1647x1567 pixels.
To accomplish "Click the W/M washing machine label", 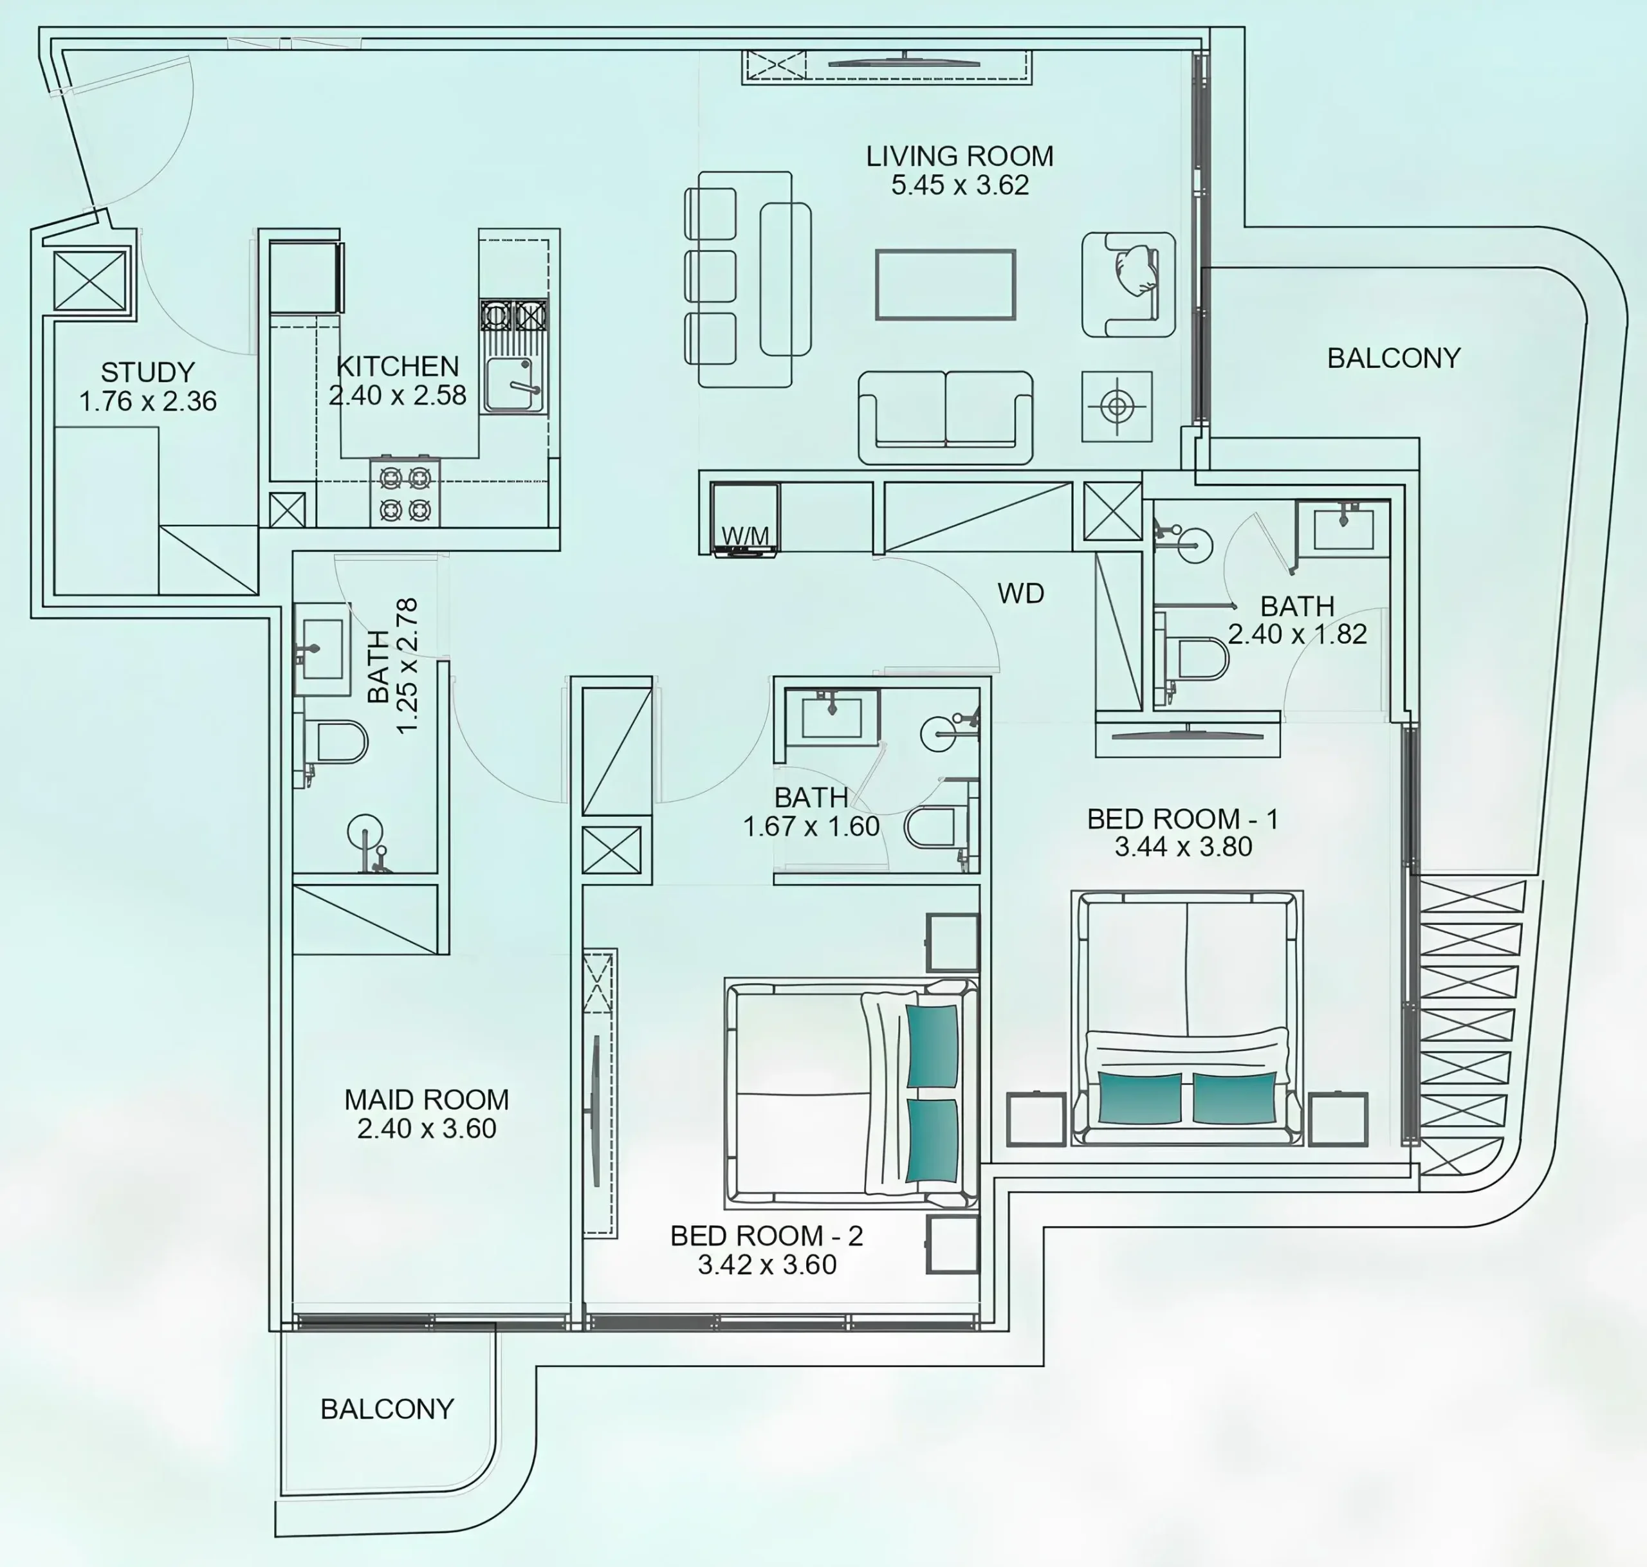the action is pyautogui.click(x=745, y=535).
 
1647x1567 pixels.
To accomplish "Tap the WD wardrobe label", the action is pyautogui.click(x=1020, y=593).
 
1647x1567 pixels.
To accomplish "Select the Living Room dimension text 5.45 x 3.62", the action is pyautogui.click(x=960, y=185).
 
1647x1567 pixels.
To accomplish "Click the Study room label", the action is pyautogui.click(x=148, y=372).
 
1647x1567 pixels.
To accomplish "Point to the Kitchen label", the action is pyautogui.click(x=398, y=366).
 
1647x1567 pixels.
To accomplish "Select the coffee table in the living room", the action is pyautogui.click(x=946, y=285).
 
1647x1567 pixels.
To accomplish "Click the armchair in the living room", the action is pyautogui.click(x=1128, y=285).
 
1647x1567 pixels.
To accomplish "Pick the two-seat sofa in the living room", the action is pyautogui.click(x=946, y=417).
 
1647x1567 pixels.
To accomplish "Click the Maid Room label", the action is pyautogui.click(x=427, y=1099).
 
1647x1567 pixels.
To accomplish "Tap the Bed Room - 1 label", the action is pyautogui.click(x=1182, y=819).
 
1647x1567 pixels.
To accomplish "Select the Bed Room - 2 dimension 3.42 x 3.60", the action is pyautogui.click(x=767, y=1265).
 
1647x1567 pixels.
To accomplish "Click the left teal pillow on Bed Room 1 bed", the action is pyautogui.click(x=1140, y=1097).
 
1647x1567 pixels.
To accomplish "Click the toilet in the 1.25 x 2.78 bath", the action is pyautogui.click(x=333, y=742).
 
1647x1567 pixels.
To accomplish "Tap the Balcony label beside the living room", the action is pyautogui.click(x=1394, y=358).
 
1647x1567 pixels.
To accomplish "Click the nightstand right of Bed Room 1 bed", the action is pyautogui.click(x=1338, y=1119).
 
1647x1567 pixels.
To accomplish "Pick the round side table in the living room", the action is pyautogui.click(x=1118, y=407).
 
